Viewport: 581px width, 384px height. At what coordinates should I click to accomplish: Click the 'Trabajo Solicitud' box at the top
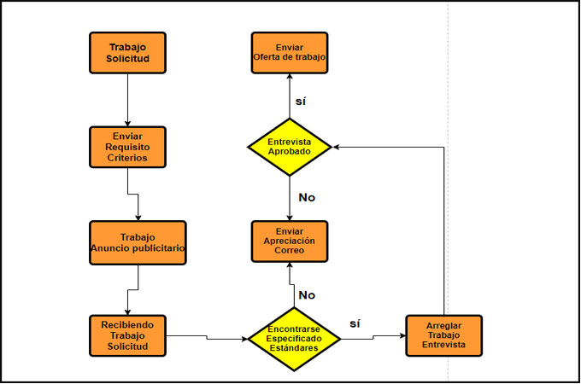(126, 53)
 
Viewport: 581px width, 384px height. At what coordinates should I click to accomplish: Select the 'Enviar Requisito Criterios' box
(126, 147)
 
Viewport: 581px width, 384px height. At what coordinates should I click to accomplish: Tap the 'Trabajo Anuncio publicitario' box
(138, 242)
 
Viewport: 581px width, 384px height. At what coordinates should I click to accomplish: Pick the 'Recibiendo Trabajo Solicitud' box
(126, 335)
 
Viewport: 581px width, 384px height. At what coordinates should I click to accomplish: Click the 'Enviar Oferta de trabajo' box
(289, 53)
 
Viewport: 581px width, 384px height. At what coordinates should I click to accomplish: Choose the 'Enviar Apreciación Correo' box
(289, 242)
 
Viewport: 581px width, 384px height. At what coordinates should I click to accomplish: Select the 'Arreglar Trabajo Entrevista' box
(443, 335)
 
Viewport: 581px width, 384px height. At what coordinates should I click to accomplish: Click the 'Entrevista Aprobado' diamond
(289, 147)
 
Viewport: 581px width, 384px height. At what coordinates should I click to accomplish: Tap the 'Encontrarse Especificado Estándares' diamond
(294, 339)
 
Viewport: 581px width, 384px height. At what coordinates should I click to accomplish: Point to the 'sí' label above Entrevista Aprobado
(300, 101)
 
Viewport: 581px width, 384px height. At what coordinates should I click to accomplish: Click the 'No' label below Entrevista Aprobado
(307, 197)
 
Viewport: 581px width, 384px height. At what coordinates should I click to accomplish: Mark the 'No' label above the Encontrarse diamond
(307, 294)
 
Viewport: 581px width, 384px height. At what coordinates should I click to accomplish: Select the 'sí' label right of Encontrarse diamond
(356, 323)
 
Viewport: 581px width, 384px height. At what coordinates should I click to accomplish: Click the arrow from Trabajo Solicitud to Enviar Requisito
(126, 98)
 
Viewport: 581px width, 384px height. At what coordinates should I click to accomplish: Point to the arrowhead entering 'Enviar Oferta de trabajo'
(289, 78)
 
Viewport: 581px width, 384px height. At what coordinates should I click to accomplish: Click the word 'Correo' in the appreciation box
(289, 253)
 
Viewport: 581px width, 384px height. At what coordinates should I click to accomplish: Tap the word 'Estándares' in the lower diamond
(294, 349)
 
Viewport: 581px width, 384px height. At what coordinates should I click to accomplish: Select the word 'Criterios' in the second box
(126, 158)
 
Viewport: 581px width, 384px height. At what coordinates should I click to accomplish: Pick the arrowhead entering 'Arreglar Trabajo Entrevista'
(401, 336)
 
